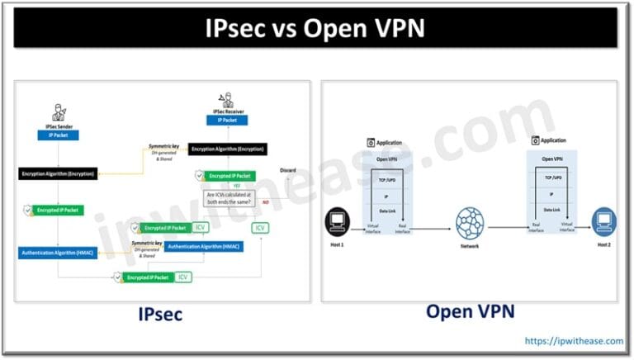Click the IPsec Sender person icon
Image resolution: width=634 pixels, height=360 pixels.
tap(57, 113)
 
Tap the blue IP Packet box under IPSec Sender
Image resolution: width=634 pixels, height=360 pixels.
tap(57, 134)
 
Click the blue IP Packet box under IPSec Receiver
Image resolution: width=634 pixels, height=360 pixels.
tap(227, 120)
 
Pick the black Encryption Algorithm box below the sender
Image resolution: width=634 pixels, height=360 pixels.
tap(57, 173)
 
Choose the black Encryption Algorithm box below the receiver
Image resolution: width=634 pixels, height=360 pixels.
tap(227, 149)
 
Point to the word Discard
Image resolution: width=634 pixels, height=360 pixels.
tap(287, 170)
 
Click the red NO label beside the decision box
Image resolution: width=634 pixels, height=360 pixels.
tap(265, 202)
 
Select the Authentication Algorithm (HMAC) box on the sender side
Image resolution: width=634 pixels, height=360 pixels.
tap(57, 252)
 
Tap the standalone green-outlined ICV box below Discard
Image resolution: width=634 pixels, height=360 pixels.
tap(260, 227)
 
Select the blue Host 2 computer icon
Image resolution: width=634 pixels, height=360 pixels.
tap(604, 219)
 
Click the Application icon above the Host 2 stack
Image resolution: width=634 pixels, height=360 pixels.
tap(535, 141)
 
